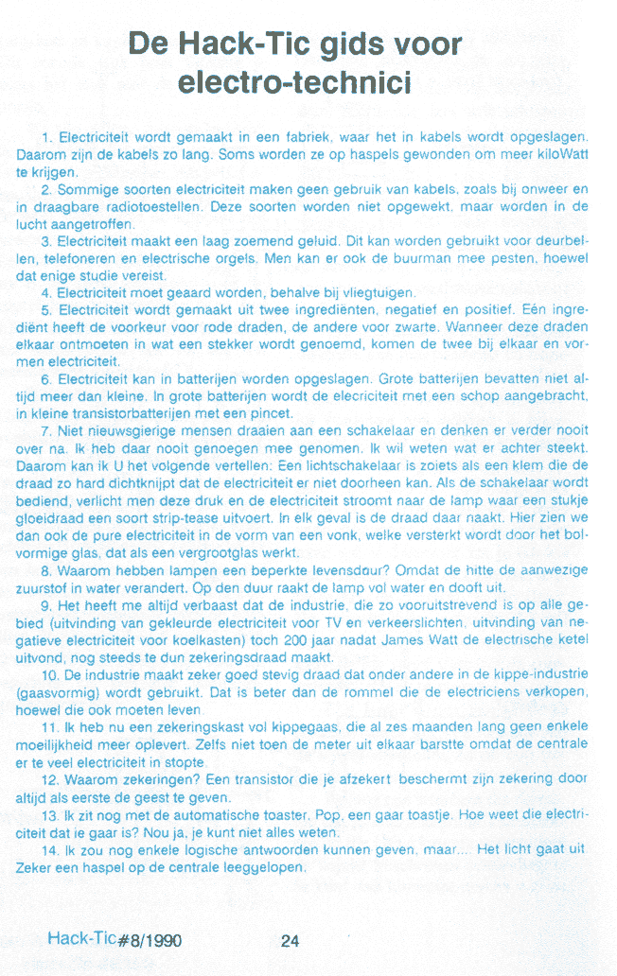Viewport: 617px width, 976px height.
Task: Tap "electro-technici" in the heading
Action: click(x=295, y=83)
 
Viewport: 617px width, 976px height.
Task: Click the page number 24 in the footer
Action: click(x=290, y=941)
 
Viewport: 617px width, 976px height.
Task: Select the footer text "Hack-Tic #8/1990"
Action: click(x=115, y=940)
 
